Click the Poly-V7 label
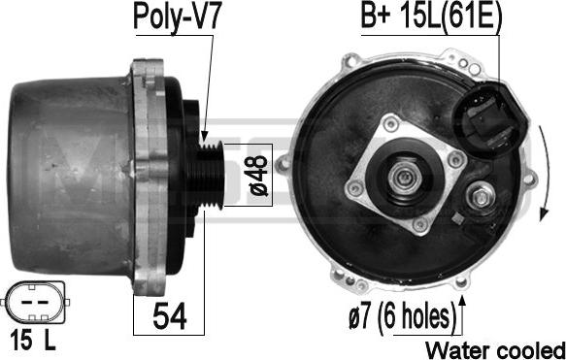[177, 17]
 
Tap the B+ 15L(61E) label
[431, 16]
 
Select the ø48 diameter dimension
[259, 176]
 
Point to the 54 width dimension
[169, 316]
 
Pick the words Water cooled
[495, 349]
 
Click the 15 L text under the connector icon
[33, 341]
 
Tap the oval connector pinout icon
[35, 303]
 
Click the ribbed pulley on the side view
[212, 175]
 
